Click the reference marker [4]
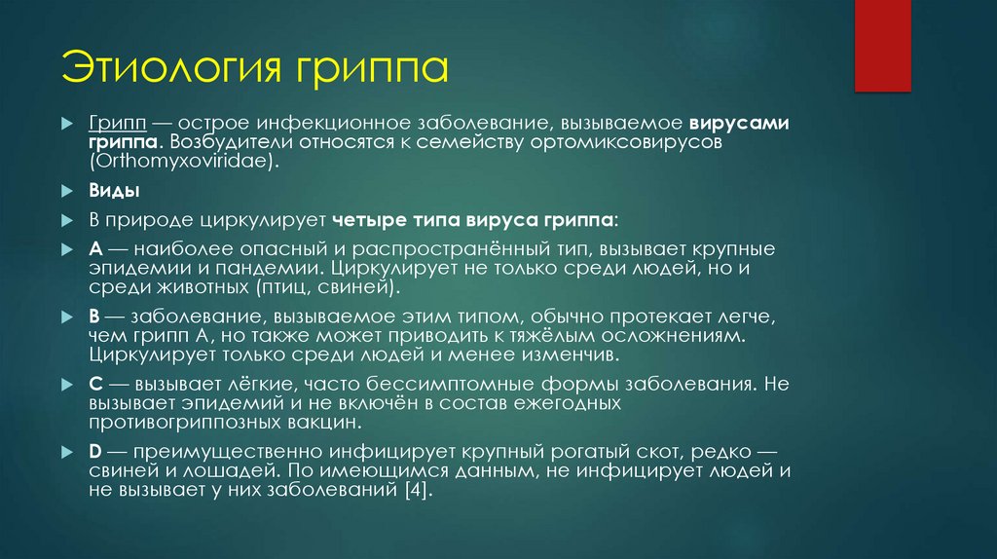pyautogui.click(x=410, y=493)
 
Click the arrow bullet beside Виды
pyautogui.click(x=65, y=190)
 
